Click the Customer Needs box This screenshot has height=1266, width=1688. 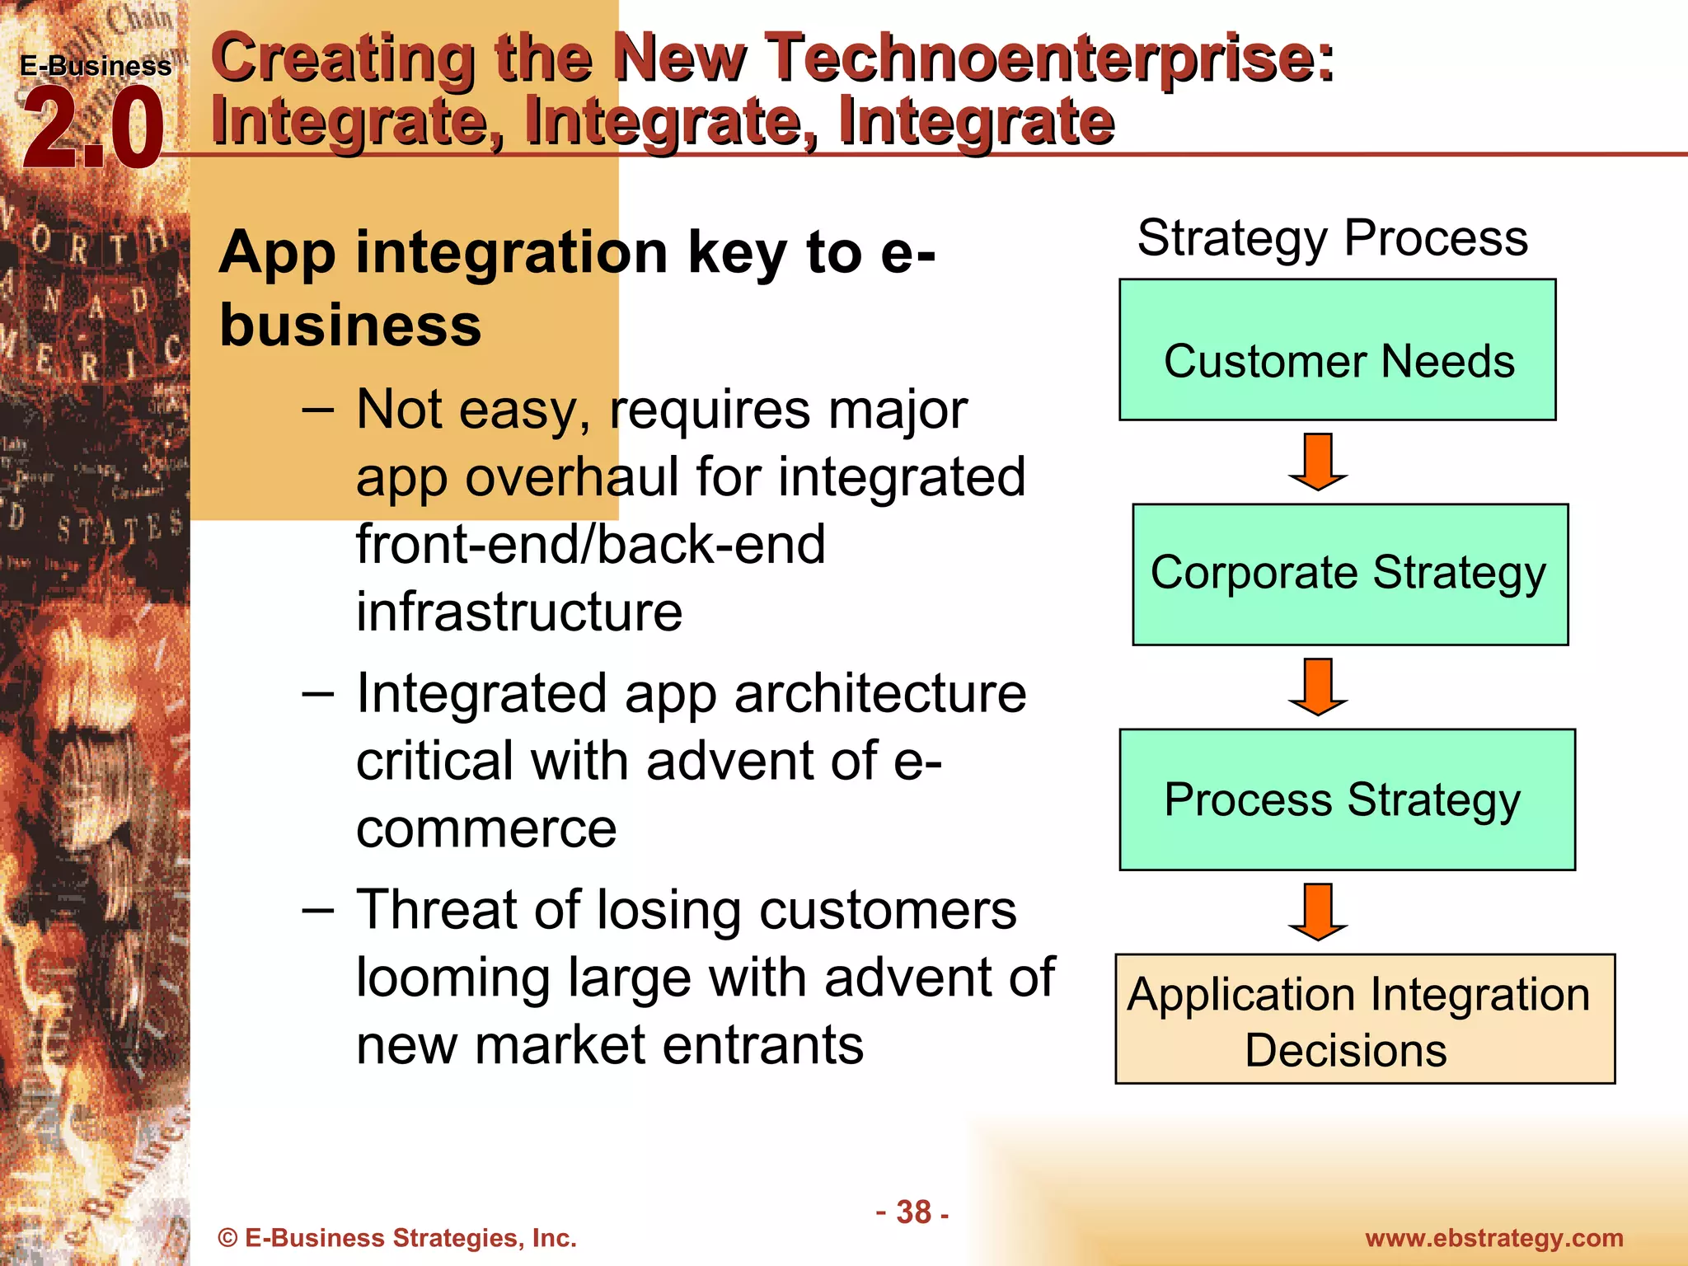coord(1337,350)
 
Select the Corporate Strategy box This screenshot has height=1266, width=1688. coord(1349,574)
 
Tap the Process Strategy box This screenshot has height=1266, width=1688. coord(1346,799)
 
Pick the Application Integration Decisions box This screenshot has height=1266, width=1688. coord(1364,1020)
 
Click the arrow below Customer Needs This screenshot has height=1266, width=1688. coord(1318,462)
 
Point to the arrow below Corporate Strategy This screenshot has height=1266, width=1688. coord(1318,687)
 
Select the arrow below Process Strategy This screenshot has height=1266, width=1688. coord(1318,912)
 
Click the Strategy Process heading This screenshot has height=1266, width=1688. coord(1332,238)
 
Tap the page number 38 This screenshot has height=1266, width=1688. coord(913,1212)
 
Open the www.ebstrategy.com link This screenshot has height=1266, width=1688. coord(1493,1238)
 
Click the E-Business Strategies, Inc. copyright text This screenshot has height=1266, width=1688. coord(397,1238)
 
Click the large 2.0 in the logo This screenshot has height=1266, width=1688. coord(92,129)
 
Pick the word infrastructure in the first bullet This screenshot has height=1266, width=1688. coord(519,612)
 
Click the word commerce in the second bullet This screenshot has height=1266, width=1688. coord(486,829)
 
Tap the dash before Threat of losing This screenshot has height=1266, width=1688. coord(318,910)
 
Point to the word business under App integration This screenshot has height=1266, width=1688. coord(350,325)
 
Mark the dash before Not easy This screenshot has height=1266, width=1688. coord(318,409)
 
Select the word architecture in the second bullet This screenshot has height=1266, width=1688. coord(879,694)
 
